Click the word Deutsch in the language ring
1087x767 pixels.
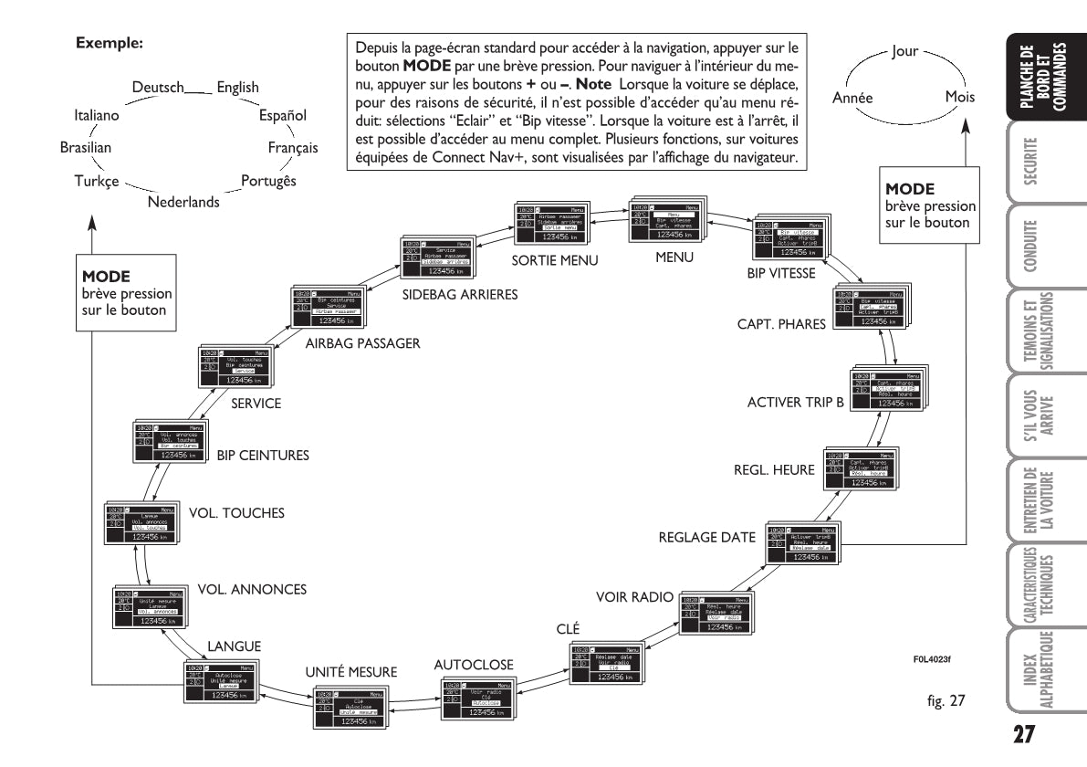[157, 87]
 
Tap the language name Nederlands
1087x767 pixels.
[183, 202]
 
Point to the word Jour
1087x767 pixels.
[904, 52]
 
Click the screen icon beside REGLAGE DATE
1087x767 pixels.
[800, 545]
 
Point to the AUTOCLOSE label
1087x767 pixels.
[474, 663]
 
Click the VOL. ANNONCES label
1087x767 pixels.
[251, 589]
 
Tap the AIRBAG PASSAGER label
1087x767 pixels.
[362, 343]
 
